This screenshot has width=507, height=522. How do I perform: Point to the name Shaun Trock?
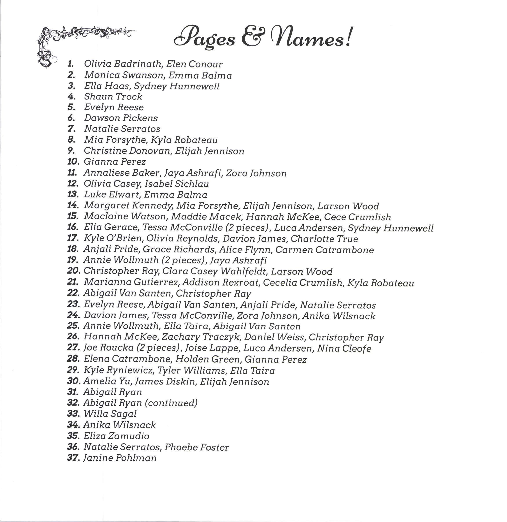click(x=113, y=96)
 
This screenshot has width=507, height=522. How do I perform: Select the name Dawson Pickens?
click(x=121, y=118)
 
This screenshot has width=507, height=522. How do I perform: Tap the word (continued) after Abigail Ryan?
click(x=171, y=403)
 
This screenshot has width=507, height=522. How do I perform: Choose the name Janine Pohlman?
click(x=120, y=458)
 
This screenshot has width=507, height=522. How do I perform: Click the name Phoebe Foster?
click(x=197, y=447)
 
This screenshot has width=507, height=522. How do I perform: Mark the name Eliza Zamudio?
click(x=116, y=436)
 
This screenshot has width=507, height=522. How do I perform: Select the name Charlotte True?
click(x=324, y=239)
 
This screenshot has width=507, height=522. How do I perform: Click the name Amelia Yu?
click(x=107, y=381)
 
